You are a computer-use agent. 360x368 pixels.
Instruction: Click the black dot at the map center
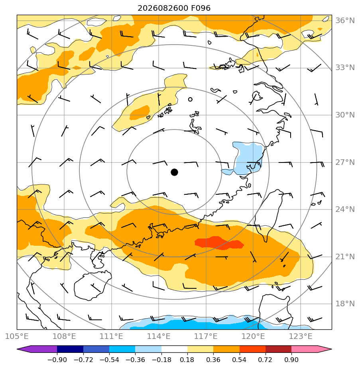174,172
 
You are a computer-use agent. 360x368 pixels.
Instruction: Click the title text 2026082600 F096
174,8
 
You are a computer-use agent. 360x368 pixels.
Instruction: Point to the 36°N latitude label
345,21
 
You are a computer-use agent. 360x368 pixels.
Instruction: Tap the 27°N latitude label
345,162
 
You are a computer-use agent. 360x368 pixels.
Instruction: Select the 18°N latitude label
345,304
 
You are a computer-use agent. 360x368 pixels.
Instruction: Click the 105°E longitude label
17,336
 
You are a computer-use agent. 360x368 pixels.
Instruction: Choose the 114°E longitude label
159,336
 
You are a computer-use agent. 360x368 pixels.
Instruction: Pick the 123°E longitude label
301,336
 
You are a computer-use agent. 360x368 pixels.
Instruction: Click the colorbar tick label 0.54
239,360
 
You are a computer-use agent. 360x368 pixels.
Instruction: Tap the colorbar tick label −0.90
57,360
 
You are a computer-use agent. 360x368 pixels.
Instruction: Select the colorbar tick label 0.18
187,360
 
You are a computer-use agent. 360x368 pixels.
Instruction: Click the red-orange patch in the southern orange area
219,243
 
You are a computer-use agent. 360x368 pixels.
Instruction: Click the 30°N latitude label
345,115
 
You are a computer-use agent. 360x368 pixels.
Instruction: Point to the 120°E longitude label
253,336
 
